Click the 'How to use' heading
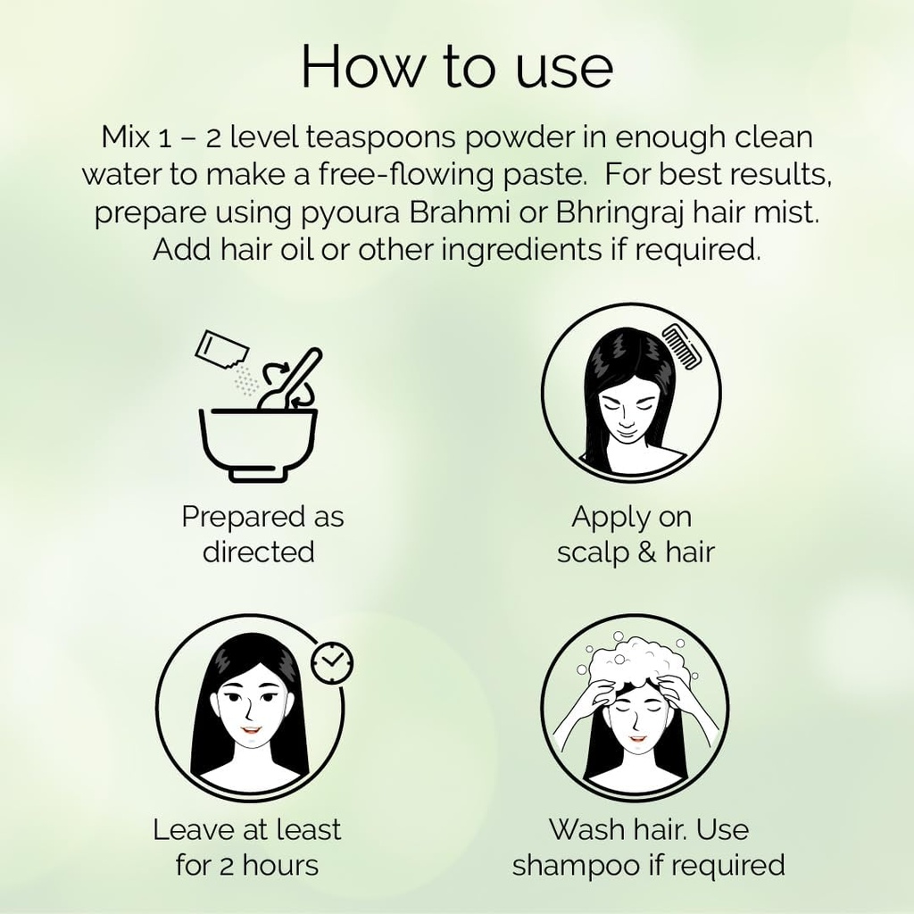457,66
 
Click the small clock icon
332,662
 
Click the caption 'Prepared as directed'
262,534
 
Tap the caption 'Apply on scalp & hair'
635,534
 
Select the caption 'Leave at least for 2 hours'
247,846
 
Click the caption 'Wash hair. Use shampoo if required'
648,846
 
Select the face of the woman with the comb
629,411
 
